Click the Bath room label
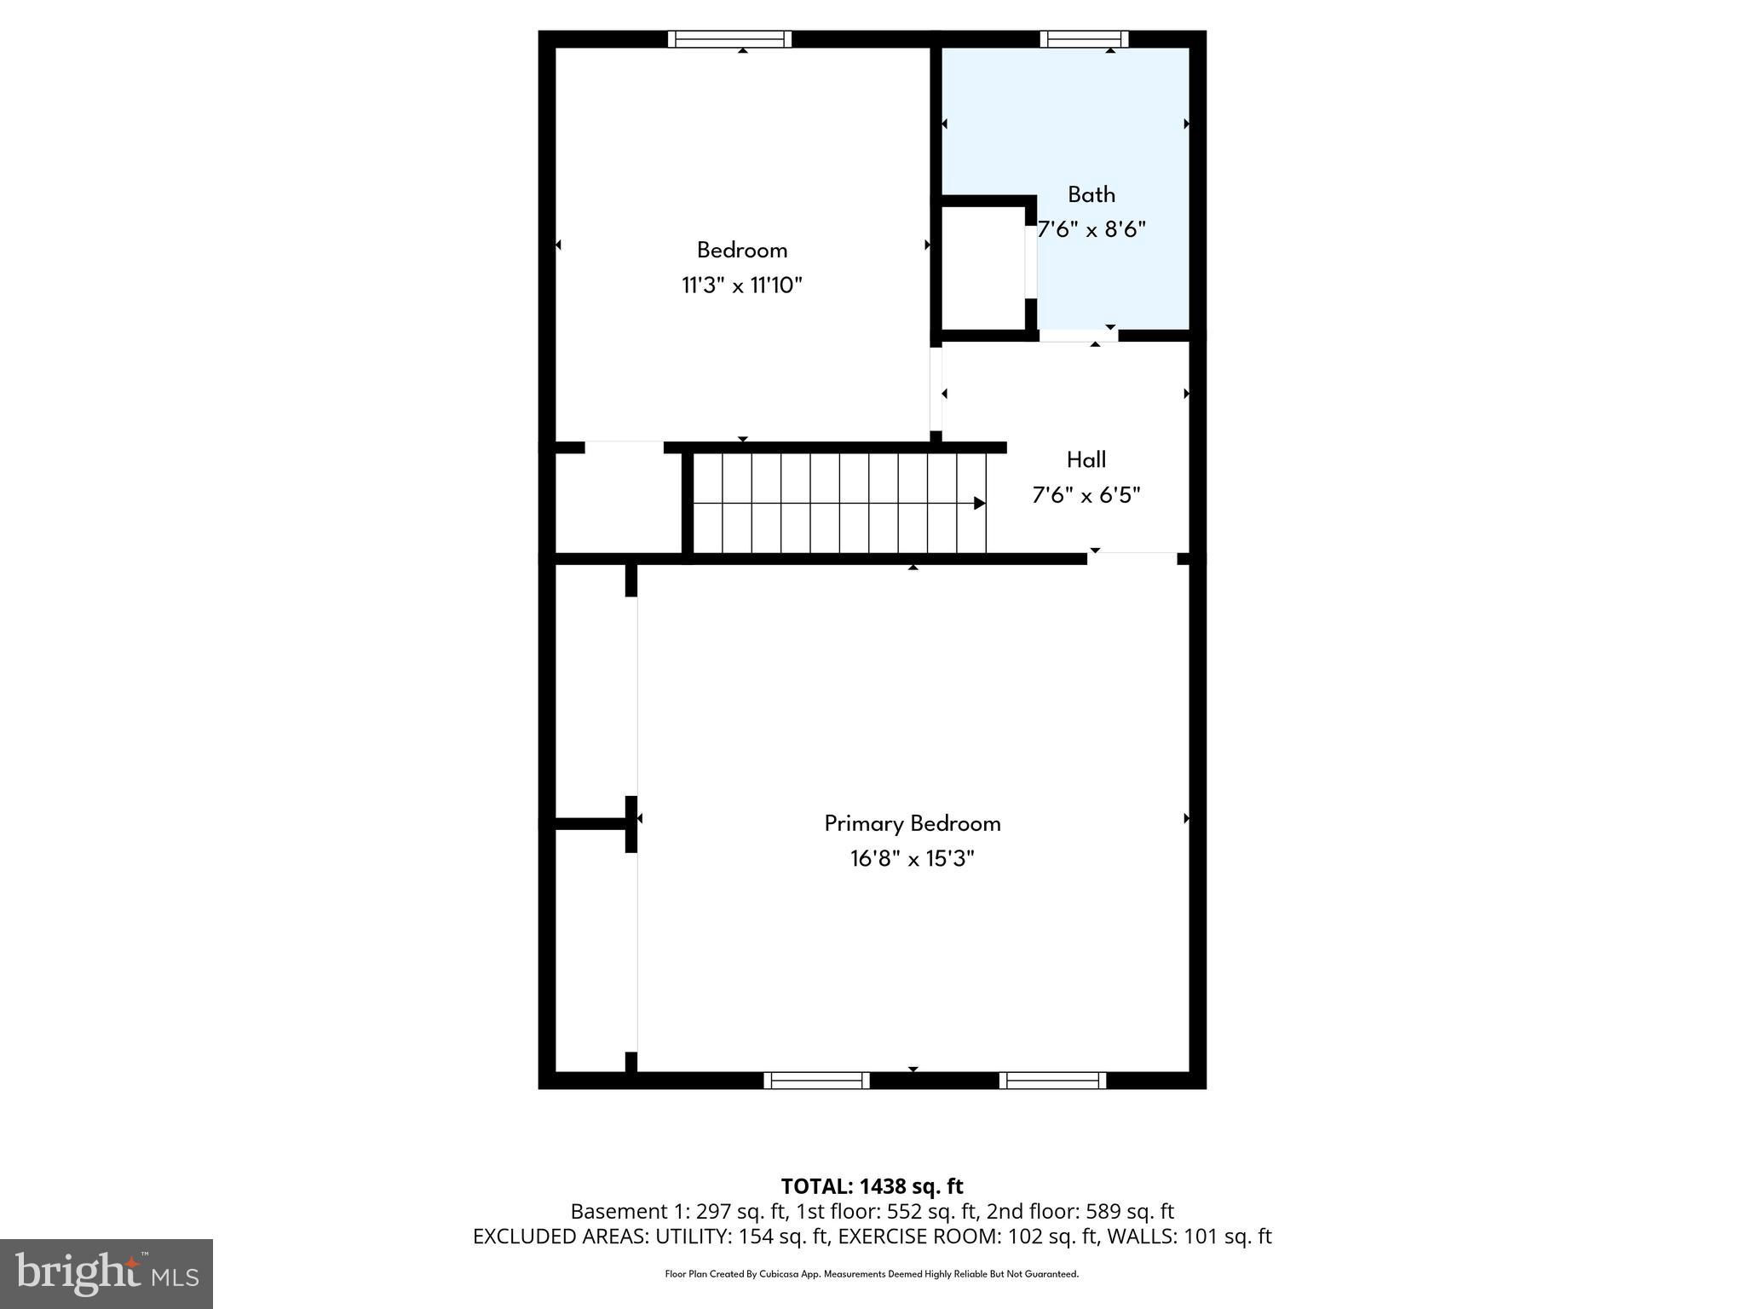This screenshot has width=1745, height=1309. (1091, 194)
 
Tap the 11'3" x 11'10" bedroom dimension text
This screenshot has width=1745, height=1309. (741, 285)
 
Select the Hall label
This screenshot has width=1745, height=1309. (1086, 460)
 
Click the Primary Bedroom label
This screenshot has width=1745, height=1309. (912, 823)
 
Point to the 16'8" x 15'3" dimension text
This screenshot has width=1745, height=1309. (912, 858)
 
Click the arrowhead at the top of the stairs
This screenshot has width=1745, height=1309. (979, 504)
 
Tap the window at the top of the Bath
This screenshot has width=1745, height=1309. (1084, 39)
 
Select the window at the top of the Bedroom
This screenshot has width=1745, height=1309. (729, 39)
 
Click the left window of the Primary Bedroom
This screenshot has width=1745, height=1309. (816, 1081)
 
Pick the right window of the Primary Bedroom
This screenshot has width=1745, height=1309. (1052, 1081)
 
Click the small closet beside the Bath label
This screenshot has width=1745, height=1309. (982, 268)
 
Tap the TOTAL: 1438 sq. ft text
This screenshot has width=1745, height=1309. (872, 1186)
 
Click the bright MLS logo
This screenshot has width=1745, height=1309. (107, 1273)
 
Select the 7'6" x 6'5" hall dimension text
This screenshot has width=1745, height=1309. (1086, 495)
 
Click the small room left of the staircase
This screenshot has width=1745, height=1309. (618, 503)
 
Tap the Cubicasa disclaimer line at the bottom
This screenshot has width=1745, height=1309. (872, 1274)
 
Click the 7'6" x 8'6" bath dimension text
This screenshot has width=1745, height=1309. (1091, 229)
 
